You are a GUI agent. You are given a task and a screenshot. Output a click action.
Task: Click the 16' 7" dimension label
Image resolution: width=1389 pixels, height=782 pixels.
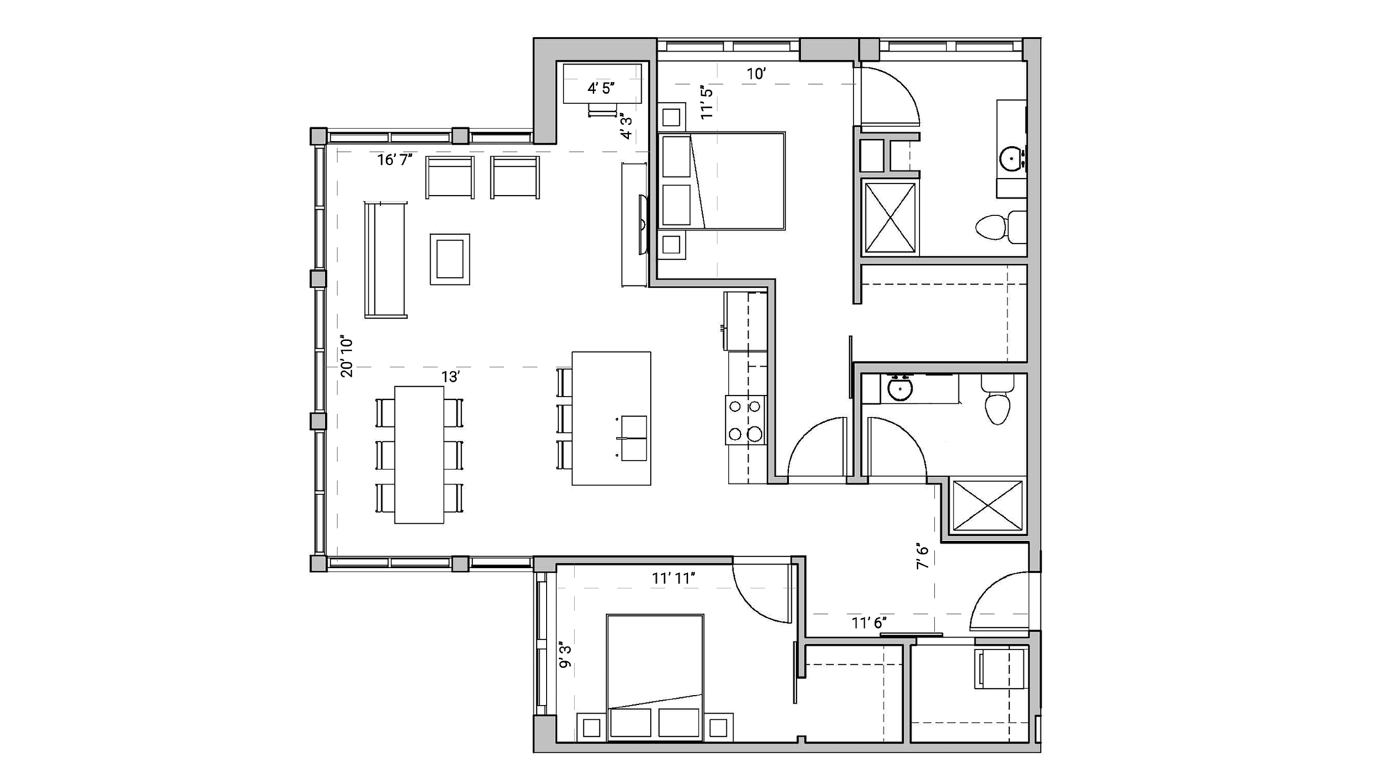[x=394, y=160]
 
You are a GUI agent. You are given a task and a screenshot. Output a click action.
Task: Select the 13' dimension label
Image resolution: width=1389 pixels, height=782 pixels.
[x=451, y=377]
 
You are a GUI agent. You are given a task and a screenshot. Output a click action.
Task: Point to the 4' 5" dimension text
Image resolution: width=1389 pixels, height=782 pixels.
[x=601, y=88]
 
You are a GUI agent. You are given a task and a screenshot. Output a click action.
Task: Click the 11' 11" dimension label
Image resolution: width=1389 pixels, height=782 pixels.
[x=674, y=578]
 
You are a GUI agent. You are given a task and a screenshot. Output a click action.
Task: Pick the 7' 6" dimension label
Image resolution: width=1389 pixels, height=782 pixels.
[x=922, y=556]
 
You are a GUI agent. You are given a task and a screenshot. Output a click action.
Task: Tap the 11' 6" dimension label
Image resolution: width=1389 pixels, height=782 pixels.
[x=869, y=623]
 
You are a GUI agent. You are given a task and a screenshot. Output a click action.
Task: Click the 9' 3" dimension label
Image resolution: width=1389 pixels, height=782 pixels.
[x=565, y=656]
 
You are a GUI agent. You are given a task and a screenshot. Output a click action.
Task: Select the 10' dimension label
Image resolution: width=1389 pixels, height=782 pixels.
[x=756, y=74]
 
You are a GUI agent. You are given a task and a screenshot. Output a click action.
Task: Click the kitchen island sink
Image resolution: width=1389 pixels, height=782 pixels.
[x=633, y=438]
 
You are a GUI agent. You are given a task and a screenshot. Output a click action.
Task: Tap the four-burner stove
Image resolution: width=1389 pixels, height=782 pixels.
[x=746, y=419]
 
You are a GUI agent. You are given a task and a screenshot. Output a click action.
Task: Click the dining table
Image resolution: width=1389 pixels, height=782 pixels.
[x=419, y=454]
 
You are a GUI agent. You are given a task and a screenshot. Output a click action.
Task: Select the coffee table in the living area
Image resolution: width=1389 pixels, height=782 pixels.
[x=450, y=259]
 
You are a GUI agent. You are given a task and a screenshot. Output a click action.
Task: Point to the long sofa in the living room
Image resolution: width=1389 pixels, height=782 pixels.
[x=385, y=259]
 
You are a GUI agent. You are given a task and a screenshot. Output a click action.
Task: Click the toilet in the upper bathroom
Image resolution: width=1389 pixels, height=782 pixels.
[x=1000, y=226]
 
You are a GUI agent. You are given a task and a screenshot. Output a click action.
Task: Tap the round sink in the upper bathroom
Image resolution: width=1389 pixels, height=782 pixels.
[x=1011, y=160]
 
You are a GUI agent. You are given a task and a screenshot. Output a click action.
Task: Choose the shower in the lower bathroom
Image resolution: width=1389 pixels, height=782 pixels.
[x=987, y=505]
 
